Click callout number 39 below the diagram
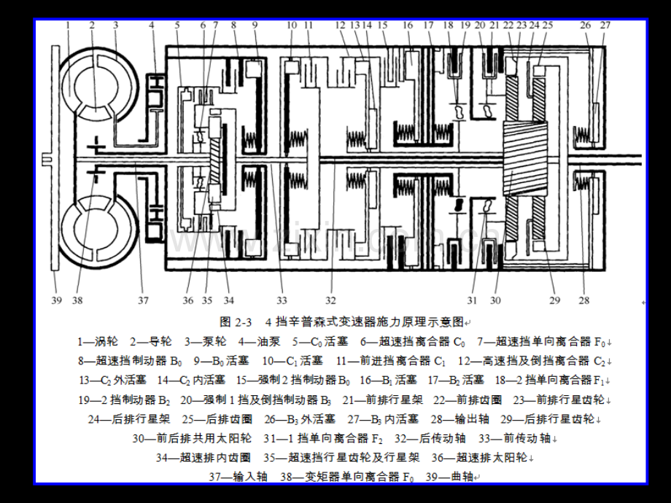coord(57,300)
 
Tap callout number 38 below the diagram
coord(78,300)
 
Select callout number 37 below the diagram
coord(143,300)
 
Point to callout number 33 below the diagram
coord(281,300)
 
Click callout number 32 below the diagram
coord(332,300)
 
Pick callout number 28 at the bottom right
coord(583,300)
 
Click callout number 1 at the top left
coord(67,25)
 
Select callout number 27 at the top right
coord(604,25)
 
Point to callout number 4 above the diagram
coord(152,25)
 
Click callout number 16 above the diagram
coord(408,25)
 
